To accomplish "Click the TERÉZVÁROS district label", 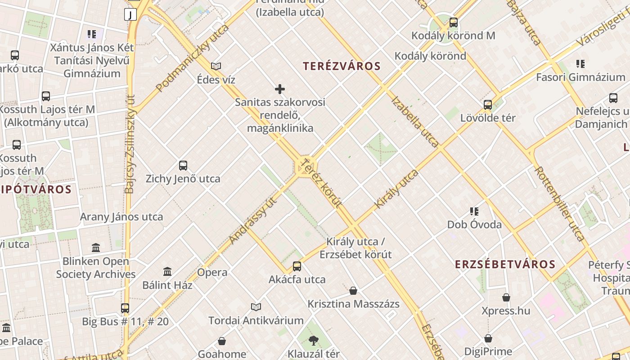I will pos(342,66).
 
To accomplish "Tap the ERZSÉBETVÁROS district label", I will pos(505,264).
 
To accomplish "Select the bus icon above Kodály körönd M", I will pos(453,22).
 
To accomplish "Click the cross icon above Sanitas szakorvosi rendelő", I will pos(280,89).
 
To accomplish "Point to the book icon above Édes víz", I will pos(216,67).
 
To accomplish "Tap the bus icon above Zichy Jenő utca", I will pos(183,166).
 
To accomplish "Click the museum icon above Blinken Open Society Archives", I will pos(96,248).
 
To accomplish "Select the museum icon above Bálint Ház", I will pos(167,272).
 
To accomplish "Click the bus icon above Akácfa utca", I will pos(297,266).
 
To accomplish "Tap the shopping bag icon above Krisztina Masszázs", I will pos(353,291).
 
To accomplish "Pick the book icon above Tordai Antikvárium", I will pos(256,307).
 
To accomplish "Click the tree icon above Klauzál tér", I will pos(313,341).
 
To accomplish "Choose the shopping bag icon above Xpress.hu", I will pos(506,297).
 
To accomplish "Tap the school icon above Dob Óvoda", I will pos(474,211).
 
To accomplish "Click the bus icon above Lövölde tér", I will pos(488,105).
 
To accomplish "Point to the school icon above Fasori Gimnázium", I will pos(580,64).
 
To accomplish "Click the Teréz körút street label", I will pos(321,183).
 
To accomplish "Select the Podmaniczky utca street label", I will pos(193,58).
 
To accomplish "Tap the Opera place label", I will pos(212,272).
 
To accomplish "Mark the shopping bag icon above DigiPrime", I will pos(488,338).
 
